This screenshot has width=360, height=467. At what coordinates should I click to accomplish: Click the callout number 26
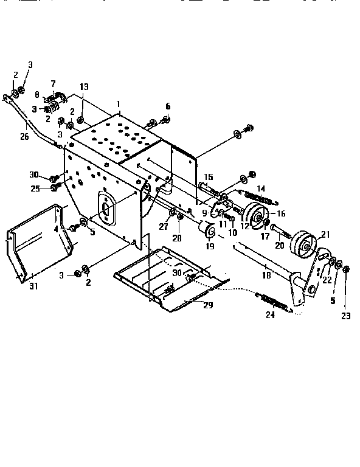click(x=24, y=137)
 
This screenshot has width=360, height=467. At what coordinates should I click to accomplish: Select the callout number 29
click(x=208, y=305)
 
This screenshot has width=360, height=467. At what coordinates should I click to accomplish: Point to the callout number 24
click(x=270, y=314)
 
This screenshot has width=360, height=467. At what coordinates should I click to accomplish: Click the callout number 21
click(x=325, y=235)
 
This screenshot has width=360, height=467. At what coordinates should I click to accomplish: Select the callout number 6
click(x=168, y=106)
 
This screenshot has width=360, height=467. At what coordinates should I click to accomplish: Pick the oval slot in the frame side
click(x=106, y=208)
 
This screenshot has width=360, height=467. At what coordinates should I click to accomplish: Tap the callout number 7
click(x=53, y=83)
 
